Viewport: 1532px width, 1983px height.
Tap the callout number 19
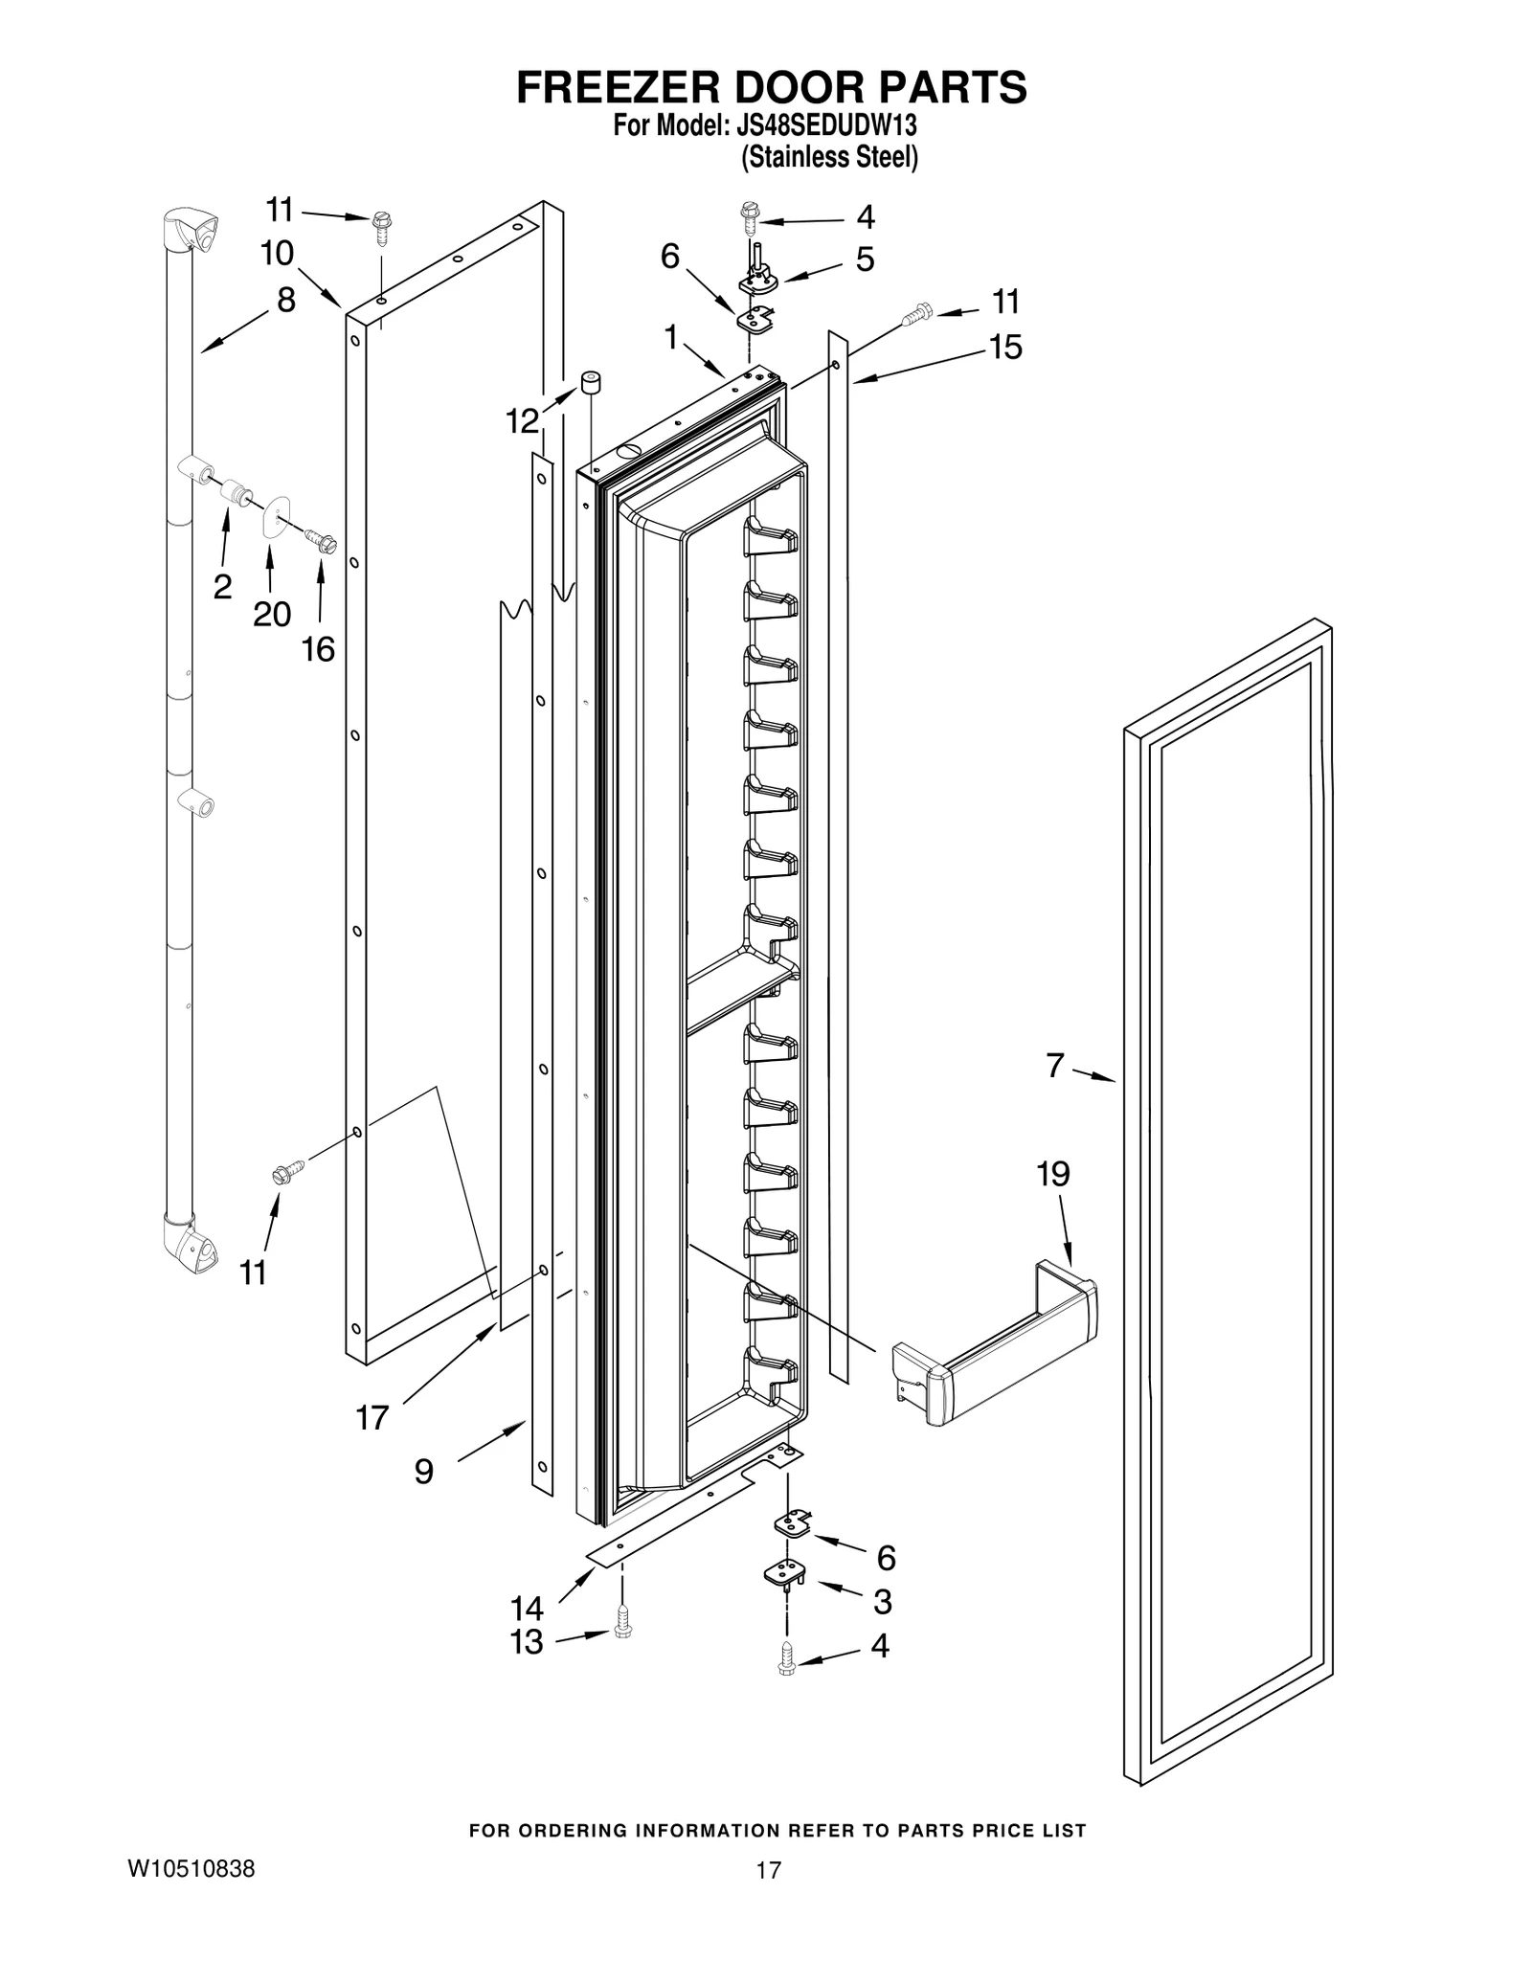click(1052, 1174)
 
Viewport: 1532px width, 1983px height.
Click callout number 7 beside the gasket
click(1054, 1065)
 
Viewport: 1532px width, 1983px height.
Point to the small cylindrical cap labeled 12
click(591, 385)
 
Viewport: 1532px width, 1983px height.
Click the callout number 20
click(271, 614)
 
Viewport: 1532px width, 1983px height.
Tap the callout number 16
click(318, 649)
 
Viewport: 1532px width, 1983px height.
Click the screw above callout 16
click(321, 542)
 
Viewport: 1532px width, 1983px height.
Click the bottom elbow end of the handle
click(191, 1244)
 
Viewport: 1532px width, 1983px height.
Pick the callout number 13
click(527, 1641)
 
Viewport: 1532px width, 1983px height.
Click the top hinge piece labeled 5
click(757, 279)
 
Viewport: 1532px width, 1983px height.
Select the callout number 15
click(1005, 347)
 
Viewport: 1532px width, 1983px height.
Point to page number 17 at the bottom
click(768, 1869)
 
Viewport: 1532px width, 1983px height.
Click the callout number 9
click(423, 1472)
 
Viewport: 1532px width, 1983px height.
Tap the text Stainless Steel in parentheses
click(829, 157)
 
